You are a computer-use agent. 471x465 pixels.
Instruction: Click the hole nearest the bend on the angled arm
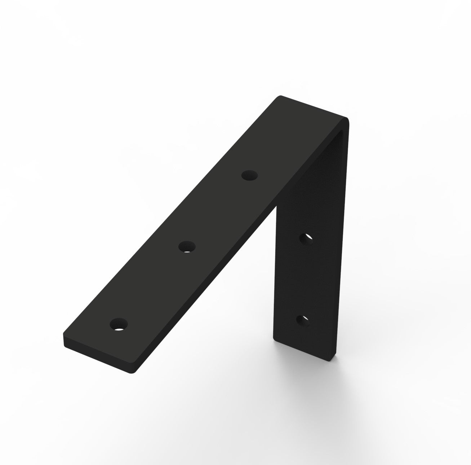coord(250,176)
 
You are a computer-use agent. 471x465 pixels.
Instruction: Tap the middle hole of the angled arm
coord(187,247)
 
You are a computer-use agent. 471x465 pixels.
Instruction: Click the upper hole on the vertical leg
coord(306,239)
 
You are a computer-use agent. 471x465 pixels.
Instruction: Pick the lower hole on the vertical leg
coord(303,320)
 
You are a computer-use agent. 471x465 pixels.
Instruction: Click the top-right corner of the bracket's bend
coord(347,118)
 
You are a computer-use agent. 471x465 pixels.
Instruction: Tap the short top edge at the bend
coord(314,107)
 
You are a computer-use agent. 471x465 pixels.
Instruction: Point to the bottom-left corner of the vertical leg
coord(274,338)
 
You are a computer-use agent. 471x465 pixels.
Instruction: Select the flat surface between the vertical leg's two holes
coord(305,280)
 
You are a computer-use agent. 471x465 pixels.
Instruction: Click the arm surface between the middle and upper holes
coord(218,211)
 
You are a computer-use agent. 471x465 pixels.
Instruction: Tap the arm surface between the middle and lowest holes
coord(153,285)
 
